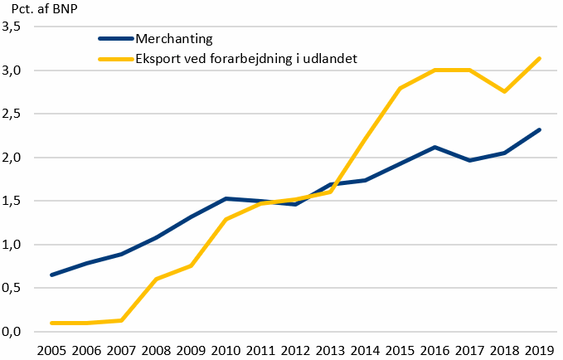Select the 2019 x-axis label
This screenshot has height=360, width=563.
pyautogui.click(x=540, y=348)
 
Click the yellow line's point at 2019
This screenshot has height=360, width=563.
pyautogui.click(x=540, y=58)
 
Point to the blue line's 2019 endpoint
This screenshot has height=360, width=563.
pyautogui.click(x=540, y=129)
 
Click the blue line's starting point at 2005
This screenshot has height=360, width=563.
pyautogui.click(x=52, y=275)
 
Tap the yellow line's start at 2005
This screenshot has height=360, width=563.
pyautogui.click(x=52, y=323)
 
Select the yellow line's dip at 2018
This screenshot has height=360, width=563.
pyautogui.click(x=504, y=91)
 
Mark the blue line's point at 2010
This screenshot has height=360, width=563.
pyautogui.click(x=226, y=198)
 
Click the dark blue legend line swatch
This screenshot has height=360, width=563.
pyautogui.click(x=114, y=39)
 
